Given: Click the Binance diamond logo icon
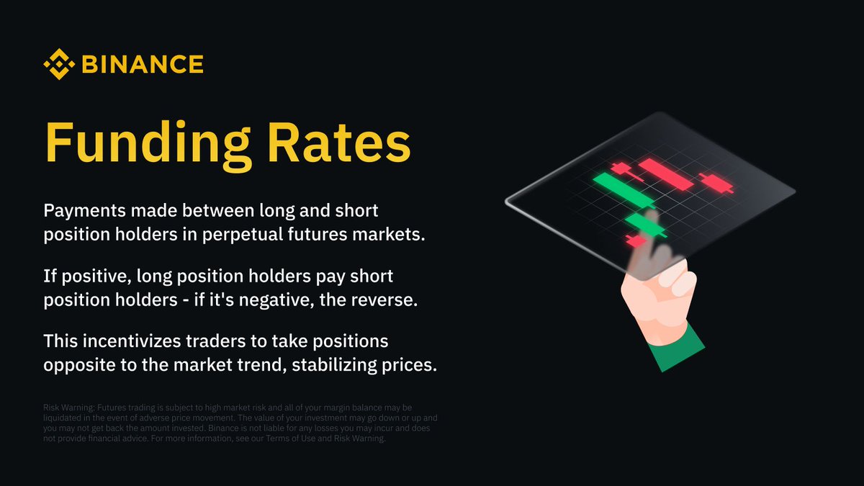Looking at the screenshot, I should (x=59, y=64).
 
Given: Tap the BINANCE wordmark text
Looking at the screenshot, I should (x=143, y=65).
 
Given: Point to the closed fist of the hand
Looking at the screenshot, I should (x=655, y=295).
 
